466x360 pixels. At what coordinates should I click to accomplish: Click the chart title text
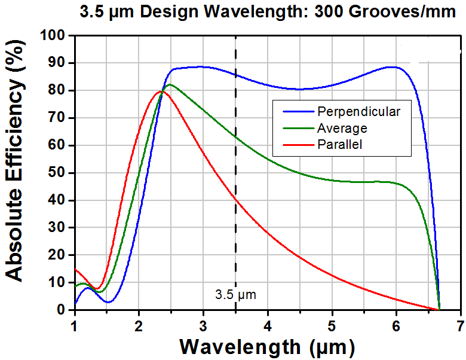[268, 13]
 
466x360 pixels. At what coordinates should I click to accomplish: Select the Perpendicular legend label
[358, 112]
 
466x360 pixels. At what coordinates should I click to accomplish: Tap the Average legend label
[342, 129]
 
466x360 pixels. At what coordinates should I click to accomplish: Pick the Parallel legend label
[340, 145]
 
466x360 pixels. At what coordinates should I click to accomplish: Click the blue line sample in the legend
[298, 112]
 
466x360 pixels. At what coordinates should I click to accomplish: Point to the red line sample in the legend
[298, 145]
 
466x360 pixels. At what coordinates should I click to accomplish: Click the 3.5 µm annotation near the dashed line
[235, 295]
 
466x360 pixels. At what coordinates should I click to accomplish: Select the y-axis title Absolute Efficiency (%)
[14, 161]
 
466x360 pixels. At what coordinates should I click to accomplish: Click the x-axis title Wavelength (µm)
[267, 347]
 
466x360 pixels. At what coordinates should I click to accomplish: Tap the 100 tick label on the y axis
[53, 36]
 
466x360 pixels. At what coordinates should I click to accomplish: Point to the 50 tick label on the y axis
[57, 173]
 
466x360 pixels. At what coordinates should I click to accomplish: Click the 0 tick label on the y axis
[61, 310]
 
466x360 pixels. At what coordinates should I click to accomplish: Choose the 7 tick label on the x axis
[461, 326]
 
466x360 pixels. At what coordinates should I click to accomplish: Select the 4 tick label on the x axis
[268, 326]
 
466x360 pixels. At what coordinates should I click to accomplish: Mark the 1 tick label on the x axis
[74, 326]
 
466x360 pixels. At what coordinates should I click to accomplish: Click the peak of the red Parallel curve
[161, 91]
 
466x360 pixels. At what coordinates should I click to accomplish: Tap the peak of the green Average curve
[170, 84]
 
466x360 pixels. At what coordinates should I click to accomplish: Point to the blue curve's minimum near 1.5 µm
[108, 302]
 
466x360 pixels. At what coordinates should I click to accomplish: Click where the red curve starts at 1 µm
[75, 269]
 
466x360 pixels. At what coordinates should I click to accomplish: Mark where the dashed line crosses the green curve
[235, 136]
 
